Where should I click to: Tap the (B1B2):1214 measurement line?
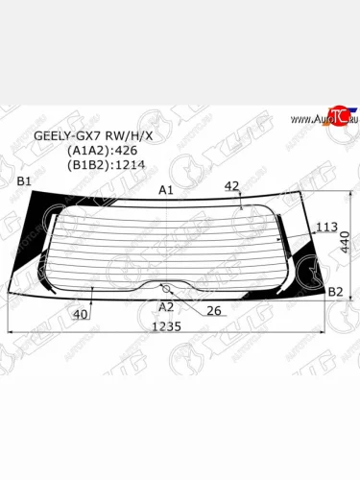(x=103, y=164)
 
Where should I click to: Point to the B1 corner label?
(x=25, y=181)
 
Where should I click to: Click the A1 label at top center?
(x=165, y=190)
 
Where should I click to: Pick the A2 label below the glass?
(x=165, y=306)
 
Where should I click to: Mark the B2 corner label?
(x=336, y=291)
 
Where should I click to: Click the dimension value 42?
(x=231, y=186)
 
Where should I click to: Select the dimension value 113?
(x=327, y=228)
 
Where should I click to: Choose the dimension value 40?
(x=81, y=314)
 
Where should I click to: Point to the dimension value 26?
(x=214, y=310)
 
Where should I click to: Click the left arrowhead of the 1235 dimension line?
(x=12, y=333)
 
